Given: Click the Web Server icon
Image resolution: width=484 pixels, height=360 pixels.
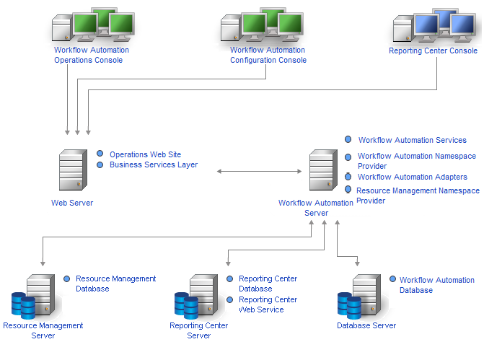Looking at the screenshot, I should tap(71, 170).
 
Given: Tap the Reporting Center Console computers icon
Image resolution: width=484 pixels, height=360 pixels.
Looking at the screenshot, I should tap(433, 27).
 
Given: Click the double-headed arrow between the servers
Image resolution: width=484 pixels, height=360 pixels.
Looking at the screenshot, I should tap(259, 171).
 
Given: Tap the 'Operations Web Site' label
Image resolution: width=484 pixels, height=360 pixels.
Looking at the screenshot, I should tap(145, 154).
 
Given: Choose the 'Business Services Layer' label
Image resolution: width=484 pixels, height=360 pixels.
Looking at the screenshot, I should tap(153, 164).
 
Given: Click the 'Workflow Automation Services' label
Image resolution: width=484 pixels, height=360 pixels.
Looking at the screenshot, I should tap(412, 140).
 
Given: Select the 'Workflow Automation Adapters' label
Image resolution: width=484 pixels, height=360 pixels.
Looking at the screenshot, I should tap(412, 177).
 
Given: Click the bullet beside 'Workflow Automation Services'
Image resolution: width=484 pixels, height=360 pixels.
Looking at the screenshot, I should tap(348, 139).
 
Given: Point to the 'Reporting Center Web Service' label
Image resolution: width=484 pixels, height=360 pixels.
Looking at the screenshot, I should tap(268, 304).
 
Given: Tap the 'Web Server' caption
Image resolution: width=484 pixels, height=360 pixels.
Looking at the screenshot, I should tap(71, 203).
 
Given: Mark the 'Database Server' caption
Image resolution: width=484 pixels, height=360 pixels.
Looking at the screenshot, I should tap(366, 325).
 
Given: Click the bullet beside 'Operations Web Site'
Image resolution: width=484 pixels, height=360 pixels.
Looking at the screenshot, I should tap(100, 154).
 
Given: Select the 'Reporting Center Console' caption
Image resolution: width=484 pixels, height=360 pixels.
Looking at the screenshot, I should tap(433, 51).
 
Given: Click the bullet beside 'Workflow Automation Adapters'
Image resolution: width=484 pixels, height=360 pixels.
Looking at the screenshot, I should tap(348, 176).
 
